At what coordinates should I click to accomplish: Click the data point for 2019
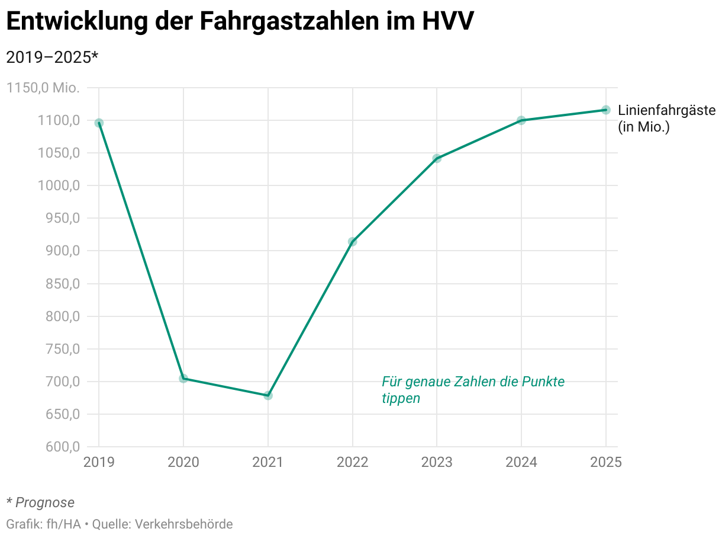click(x=99, y=123)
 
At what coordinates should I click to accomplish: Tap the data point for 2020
click(x=183, y=378)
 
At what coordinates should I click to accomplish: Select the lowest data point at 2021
click(x=268, y=395)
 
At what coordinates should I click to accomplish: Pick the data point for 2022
click(x=353, y=242)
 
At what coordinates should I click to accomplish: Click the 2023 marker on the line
click(x=437, y=158)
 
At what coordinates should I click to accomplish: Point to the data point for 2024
click(x=521, y=120)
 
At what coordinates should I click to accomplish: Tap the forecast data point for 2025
click(x=606, y=110)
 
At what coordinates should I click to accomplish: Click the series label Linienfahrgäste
click(x=666, y=110)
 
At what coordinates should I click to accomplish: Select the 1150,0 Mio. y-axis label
click(x=43, y=88)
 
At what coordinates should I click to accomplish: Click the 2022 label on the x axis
click(x=353, y=462)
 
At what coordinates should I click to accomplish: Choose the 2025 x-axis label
click(x=606, y=462)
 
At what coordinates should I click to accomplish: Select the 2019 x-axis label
click(x=99, y=462)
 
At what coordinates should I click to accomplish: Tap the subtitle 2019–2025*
click(x=51, y=57)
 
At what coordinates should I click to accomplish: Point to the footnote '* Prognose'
click(x=40, y=502)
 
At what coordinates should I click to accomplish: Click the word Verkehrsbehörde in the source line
click(x=184, y=524)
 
